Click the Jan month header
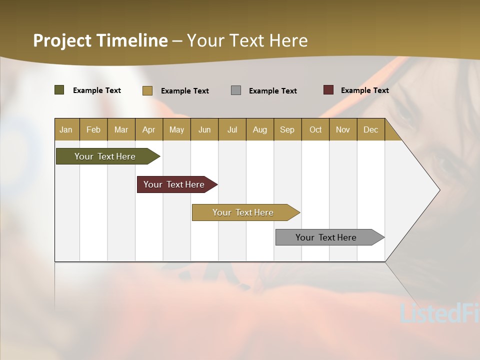66,129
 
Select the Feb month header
93,129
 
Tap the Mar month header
121,129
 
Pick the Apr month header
149,129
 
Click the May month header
176,129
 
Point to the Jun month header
204,129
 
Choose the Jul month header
232,129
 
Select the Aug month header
260,129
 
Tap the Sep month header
287,129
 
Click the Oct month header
315,129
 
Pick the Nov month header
343,129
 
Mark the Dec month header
371,129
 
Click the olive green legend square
59,90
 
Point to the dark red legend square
328,90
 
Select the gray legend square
236,90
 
